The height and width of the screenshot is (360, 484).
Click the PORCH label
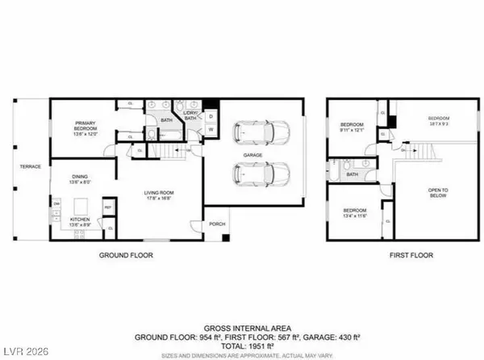[217, 225]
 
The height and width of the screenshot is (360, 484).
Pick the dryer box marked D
[210, 115]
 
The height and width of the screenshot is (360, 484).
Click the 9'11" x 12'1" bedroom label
[349, 125]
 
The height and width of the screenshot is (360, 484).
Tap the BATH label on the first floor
[353, 174]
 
